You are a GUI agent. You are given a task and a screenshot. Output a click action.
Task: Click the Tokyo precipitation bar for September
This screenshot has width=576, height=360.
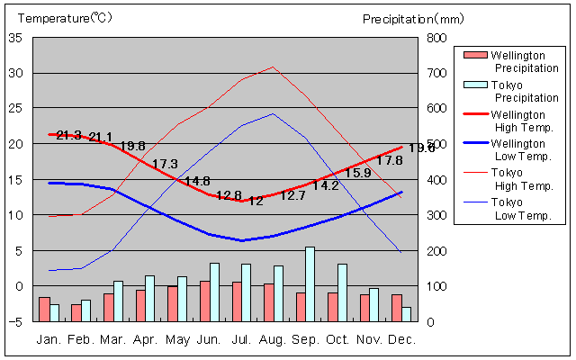click(310, 283)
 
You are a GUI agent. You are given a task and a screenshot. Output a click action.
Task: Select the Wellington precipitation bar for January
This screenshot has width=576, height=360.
click(44, 309)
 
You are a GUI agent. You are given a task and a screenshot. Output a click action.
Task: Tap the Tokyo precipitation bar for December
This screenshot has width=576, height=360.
click(407, 314)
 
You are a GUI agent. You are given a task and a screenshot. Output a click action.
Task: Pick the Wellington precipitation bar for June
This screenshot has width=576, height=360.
click(204, 301)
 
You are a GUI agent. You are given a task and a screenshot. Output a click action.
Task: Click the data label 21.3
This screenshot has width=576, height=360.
click(69, 136)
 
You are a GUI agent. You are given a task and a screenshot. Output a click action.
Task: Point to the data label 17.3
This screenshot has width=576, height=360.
click(166, 165)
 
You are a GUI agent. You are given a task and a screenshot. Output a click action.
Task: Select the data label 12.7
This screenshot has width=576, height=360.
click(293, 195)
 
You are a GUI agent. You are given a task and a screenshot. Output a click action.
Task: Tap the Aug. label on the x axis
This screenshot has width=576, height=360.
click(274, 339)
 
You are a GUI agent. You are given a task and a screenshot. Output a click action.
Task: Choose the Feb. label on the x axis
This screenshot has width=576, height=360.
click(82, 339)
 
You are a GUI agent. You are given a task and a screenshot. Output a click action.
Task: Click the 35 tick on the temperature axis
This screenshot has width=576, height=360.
click(16, 38)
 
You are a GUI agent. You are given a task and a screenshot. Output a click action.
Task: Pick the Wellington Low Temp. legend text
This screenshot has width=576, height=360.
click(517, 149)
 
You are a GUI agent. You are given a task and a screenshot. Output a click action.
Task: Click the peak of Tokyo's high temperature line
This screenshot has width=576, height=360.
click(274, 67)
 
